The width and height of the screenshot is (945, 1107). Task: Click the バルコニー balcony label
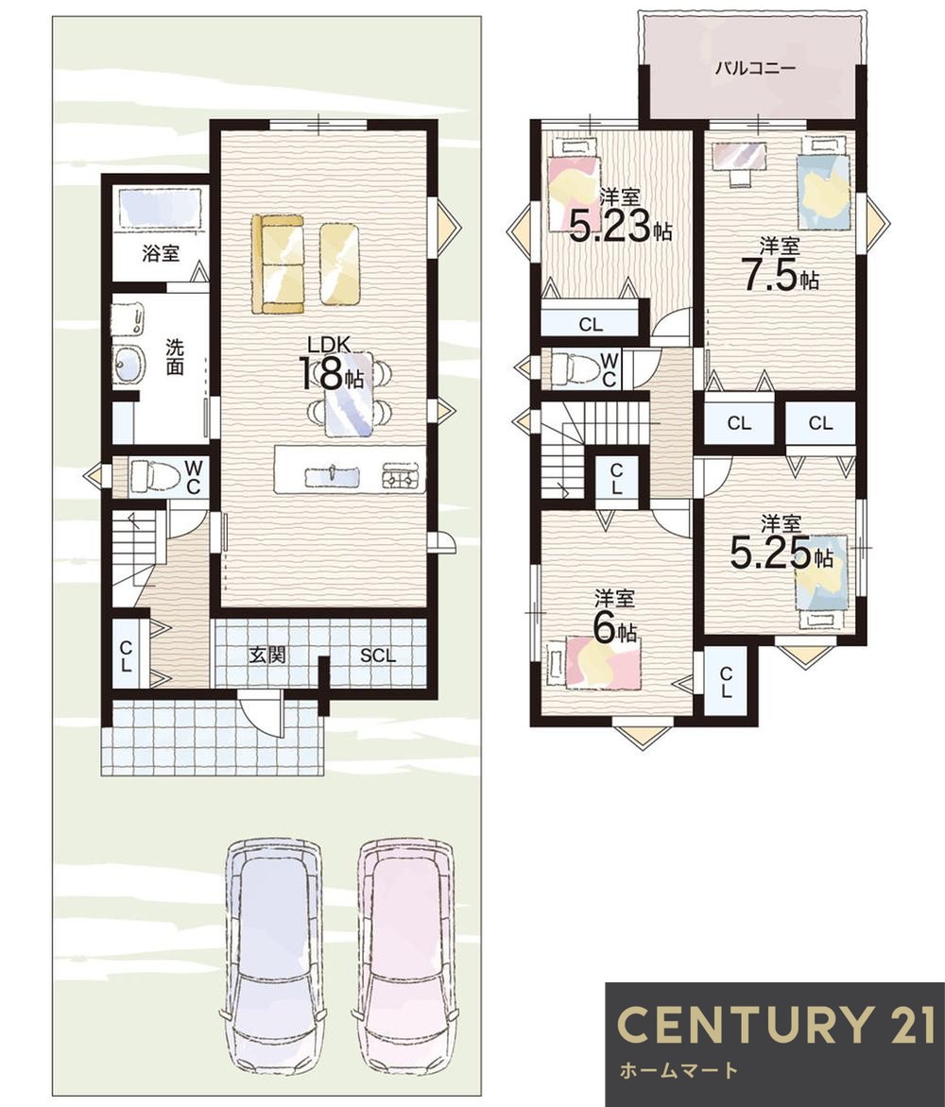(x=755, y=69)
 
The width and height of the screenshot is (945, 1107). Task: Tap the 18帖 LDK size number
(x=331, y=373)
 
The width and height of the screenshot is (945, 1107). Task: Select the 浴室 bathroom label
(x=161, y=253)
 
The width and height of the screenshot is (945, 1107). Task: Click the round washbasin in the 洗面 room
(x=128, y=365)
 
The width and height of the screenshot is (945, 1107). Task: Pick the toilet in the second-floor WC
(x=574, y=368)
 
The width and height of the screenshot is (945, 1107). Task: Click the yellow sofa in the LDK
(x=278, y=264)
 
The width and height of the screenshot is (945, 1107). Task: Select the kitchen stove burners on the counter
(x=401, y=477)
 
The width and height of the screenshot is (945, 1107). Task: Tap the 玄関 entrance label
(x=266, y=656)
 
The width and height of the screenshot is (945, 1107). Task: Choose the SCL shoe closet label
(x=378, y=656)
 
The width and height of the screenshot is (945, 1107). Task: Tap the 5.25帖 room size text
(x=781, y=553)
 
